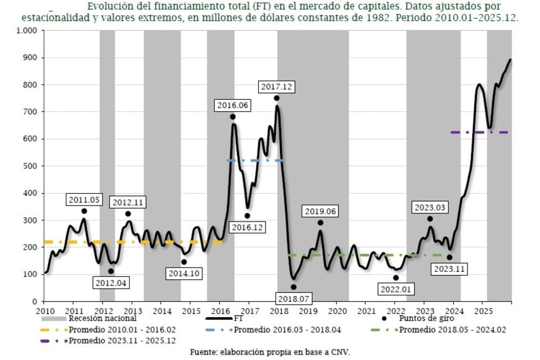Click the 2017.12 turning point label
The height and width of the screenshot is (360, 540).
[277, 86]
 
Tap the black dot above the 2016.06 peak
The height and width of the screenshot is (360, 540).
[233, 117]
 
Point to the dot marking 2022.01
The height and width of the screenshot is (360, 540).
[395, 277]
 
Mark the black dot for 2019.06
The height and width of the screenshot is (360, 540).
[320, 223]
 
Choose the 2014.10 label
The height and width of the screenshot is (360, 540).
[184, 272]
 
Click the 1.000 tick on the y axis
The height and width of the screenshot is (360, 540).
[26, 30]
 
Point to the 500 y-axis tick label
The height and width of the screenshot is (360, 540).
[30, 166]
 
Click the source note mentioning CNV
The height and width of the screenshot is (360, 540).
[270, 352]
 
